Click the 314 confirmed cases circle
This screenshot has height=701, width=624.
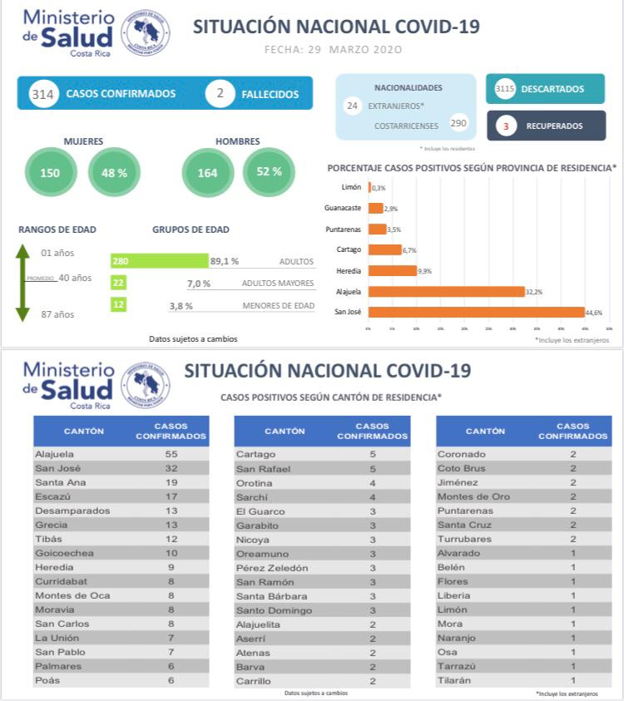[x=42, y=94]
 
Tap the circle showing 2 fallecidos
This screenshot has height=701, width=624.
[x=220, y=94]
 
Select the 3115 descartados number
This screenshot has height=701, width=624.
[x=505, y=89]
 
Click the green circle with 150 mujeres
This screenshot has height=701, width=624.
[x=50, y=173]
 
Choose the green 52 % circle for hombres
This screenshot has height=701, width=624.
[x=269, y=172]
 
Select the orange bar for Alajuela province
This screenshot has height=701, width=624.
[x=446, y=291]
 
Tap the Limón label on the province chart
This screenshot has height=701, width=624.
[x=352, y=188]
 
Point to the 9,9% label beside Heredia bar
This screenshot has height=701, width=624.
[x=425, y=271]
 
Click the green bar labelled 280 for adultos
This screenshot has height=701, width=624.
[x=159, y=261]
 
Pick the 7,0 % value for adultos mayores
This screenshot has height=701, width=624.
[x=199, y=284]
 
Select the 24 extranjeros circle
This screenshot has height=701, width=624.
[x=352, y=106]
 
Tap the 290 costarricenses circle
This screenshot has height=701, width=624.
[x=458, y=123]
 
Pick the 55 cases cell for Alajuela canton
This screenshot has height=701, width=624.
[x=171, y=455]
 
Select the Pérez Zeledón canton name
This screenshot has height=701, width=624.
[x=272, y=568]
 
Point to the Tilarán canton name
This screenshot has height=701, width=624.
[x=454, y=680]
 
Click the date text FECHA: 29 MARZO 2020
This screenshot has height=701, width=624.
[x=333, y=50]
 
